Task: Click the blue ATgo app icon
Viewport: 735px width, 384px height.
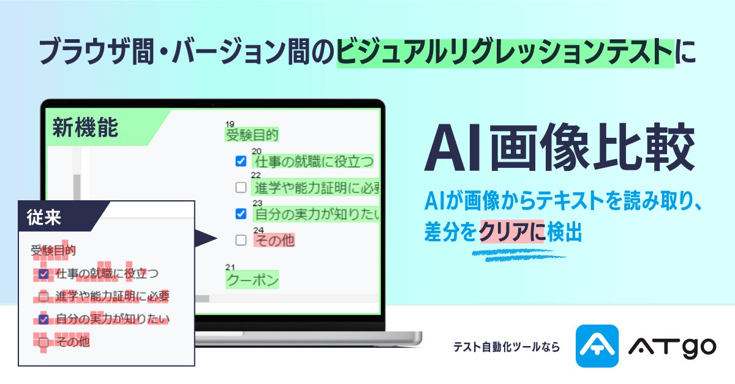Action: point(597,346)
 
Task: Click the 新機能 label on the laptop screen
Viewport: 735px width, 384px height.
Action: point(85,127)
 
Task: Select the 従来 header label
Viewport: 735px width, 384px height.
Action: point(43,217)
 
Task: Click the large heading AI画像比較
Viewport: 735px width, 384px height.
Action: point(559,148)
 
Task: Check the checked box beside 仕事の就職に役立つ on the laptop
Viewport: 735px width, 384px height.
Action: point(241,161)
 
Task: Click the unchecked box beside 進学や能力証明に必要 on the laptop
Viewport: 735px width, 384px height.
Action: point(241,187)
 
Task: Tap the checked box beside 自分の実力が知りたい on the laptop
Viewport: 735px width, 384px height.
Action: point(241,214)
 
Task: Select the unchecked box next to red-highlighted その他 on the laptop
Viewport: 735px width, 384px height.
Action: point(241,240)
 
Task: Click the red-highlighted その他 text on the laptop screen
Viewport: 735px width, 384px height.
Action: point(274,241)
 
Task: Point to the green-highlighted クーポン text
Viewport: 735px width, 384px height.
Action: point(252,280)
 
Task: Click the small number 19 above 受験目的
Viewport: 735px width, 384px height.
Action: point(230,124)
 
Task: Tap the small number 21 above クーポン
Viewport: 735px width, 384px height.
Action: point(230,267)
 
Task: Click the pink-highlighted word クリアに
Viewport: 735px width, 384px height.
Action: point(512,232)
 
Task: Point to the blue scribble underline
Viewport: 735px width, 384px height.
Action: point(518,255)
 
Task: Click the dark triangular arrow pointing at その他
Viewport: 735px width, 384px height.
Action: point(206,238)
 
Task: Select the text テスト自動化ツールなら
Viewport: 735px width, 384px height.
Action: point(507,347)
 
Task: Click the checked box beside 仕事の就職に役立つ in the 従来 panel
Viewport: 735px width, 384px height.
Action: point(43,274)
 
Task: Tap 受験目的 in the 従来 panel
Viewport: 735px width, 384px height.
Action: point(53,250)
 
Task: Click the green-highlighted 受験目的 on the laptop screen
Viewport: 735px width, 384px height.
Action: point(252,135)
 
